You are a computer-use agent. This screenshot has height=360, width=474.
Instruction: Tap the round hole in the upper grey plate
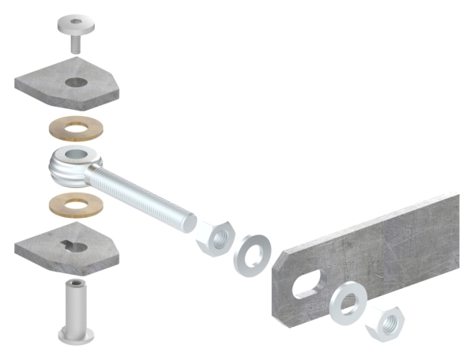click(77, 82)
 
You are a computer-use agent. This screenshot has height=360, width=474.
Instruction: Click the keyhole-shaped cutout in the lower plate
click(77, 245)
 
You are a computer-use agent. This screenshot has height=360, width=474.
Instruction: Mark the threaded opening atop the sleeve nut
click(76, 285)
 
